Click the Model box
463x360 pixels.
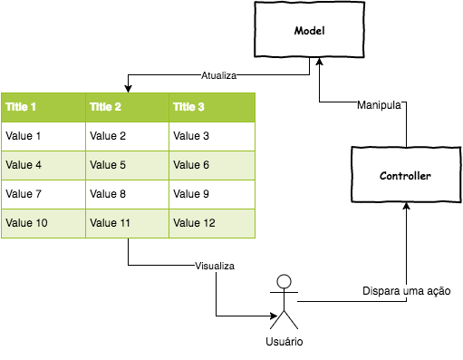tap(309, 31)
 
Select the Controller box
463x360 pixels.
tap(405, 175)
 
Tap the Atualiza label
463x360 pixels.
tap(218, 76)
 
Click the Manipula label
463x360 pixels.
tap(379, 105)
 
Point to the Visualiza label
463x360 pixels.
tap(215, 266)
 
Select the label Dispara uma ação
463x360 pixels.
tap(406, 291)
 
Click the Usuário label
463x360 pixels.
tap(284, 342)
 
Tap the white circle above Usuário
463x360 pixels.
tap(284, 282)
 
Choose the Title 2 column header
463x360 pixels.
tap(127, 107)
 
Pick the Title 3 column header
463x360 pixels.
tap(212, 107)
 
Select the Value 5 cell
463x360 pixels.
tap(127, 165)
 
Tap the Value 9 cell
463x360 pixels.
tap(212, 194)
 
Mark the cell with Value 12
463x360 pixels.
tap(212, 223)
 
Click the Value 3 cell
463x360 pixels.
tap(212, 136)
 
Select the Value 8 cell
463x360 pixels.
tap(127, 194)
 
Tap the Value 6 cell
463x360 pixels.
tap(212, 165)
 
